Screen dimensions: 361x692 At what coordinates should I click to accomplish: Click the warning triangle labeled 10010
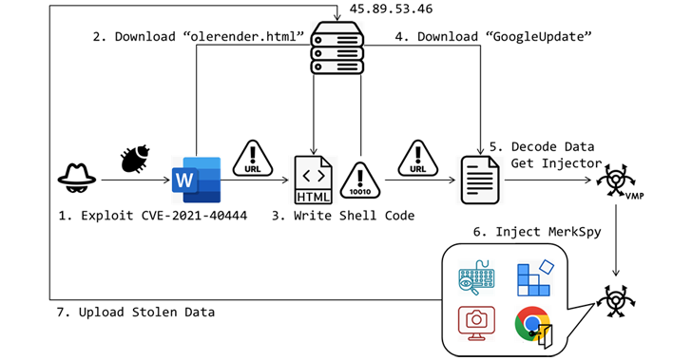point(361,179)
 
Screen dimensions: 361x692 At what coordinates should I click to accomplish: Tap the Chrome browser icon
point(533,327)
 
